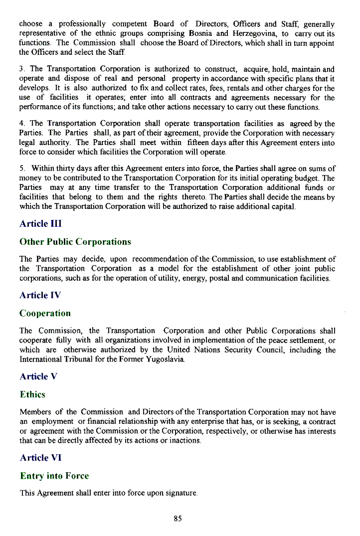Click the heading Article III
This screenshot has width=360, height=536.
[40, 224]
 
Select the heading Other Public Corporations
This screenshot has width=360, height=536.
[75, 242]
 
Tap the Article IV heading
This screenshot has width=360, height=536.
[40, 295]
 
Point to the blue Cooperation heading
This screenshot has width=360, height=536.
[45, 313]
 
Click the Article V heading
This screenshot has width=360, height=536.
[38, 376]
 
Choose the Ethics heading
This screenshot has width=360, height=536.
[32, 394]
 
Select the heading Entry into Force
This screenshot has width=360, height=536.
[54, 476]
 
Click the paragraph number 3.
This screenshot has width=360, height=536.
[21, 69]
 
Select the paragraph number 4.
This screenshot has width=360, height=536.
[21, 124]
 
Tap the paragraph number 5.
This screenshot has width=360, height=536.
[21, 169]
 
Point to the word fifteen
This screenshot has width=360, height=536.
[200, 142]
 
